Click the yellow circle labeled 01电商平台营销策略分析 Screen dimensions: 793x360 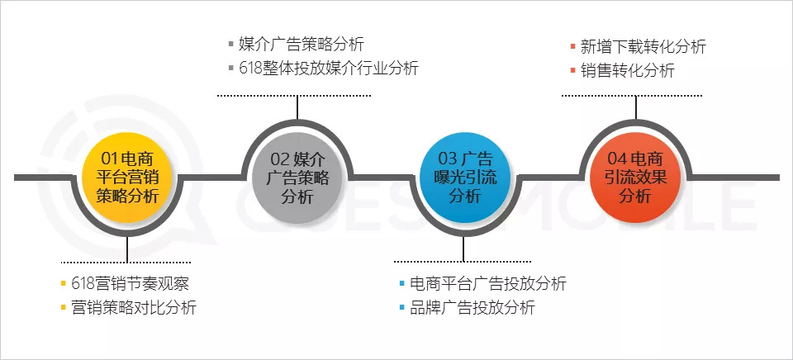pos(127,177)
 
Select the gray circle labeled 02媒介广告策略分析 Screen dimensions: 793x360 pos(298,177)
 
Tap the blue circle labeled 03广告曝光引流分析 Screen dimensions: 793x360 pos(464,177)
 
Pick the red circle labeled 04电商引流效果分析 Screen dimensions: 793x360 pos(635,177)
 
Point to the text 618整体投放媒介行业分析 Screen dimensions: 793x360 pos(328,69)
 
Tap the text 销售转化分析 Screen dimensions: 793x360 pos(627,71)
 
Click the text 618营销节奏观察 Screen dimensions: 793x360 pos(131,284)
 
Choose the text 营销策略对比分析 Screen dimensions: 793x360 pos(135,308)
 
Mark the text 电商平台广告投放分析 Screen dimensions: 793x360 pos(487,284)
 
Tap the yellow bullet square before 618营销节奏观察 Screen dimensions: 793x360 pos(64,285)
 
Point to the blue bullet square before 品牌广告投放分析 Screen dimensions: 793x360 pos(402,309)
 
